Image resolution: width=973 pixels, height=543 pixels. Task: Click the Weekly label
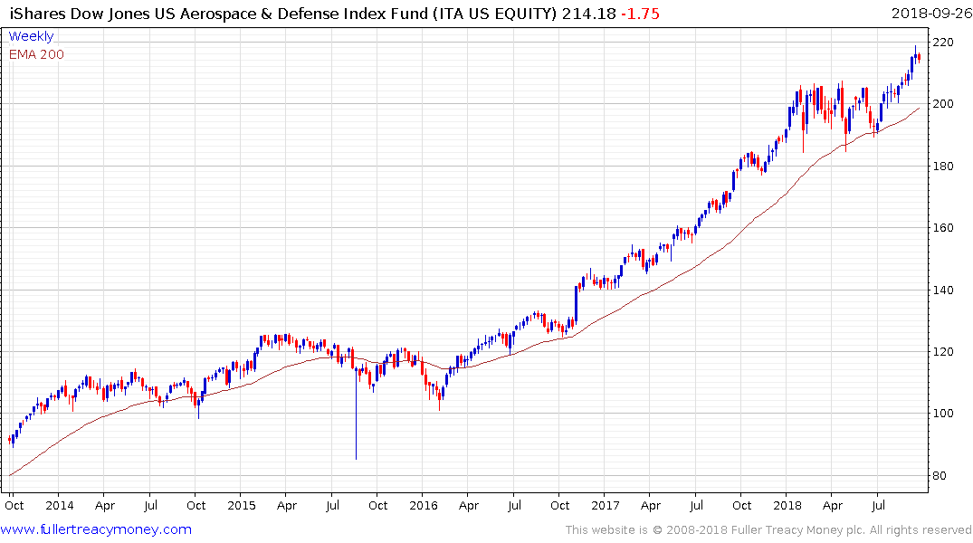[x=31, y=36]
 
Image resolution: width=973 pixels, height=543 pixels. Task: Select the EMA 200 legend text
[x=36, y=54]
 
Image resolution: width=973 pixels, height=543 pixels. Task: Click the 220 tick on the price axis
[x=946, y=43]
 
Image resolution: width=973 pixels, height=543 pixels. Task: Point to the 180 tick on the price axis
[x=946, y=167]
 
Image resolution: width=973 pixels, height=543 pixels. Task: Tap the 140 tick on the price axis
[x=946, y=291]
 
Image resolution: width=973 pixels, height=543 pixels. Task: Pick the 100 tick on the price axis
[x=946, y=414]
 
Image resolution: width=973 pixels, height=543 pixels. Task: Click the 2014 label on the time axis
[x=59, y=505]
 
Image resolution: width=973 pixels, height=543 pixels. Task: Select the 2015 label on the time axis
[x=242, y=505]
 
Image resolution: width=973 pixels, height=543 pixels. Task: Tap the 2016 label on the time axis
[x=424, y=505]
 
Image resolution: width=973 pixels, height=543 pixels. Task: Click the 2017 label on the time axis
[x=606, y=505]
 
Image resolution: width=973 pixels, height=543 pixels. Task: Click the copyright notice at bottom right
[x=768, y=530]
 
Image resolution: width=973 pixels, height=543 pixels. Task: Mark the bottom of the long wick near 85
[x=356, y=458]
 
